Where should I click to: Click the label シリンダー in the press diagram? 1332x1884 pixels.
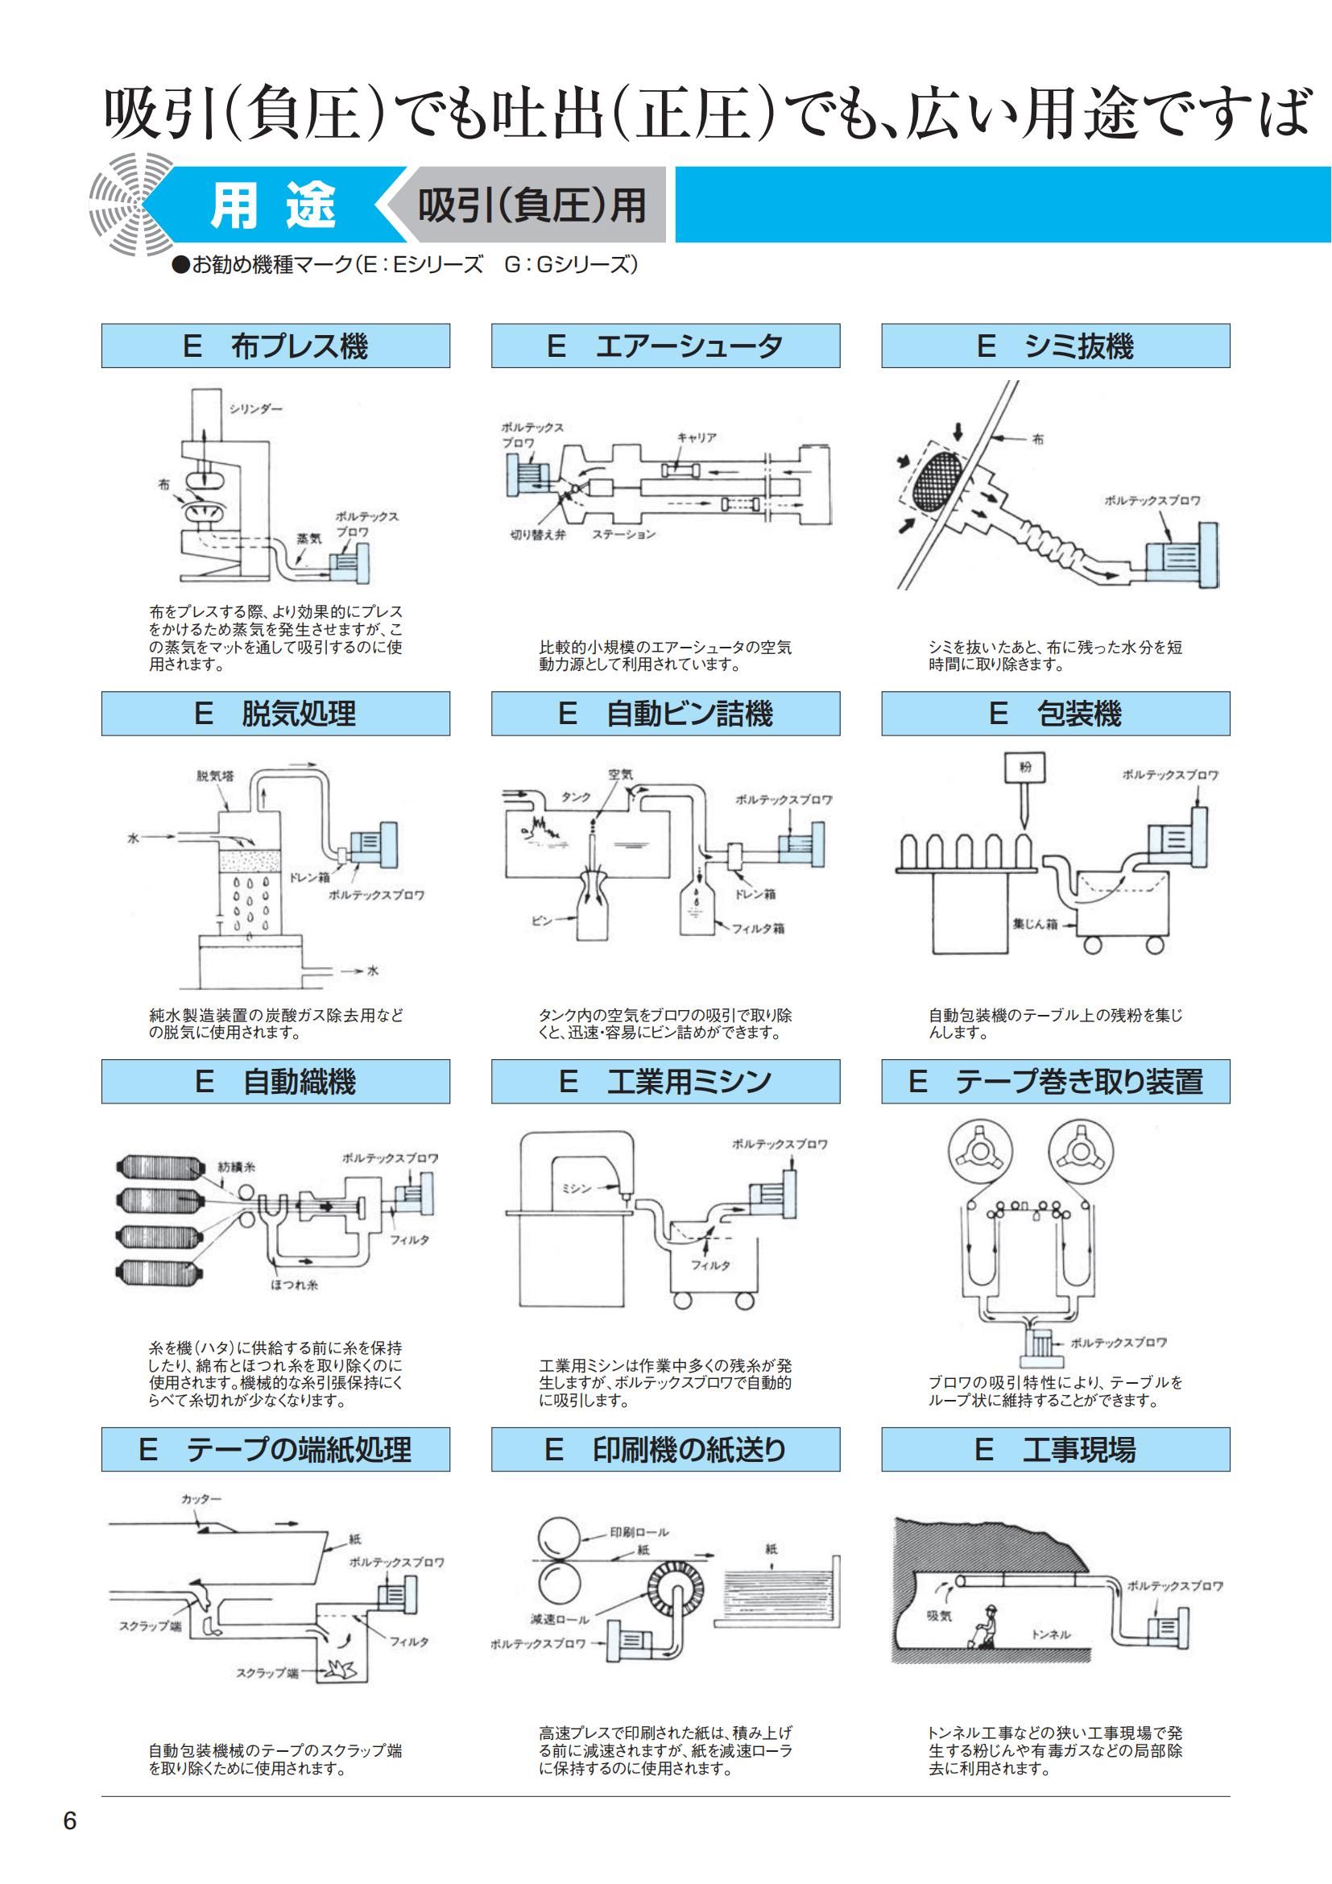[x=255, y=408]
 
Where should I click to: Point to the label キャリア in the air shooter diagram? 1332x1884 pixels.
[x=697, y=438]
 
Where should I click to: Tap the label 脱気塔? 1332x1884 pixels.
[x=215, y=776]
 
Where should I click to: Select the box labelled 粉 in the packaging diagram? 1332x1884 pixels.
[x=1025, y=768]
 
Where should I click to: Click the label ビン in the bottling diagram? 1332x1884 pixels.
[x=542, y=921]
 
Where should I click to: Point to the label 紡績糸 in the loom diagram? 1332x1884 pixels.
[x=237, y=1166]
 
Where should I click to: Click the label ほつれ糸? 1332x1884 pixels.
[x=295, y=1285]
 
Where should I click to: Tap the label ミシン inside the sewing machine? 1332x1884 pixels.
[x=577, y=1188]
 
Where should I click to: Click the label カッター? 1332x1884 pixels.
[x=202, y=1499]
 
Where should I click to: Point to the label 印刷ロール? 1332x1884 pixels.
[x=639, y=1532]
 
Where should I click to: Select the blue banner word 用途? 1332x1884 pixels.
[x=273, y=205]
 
